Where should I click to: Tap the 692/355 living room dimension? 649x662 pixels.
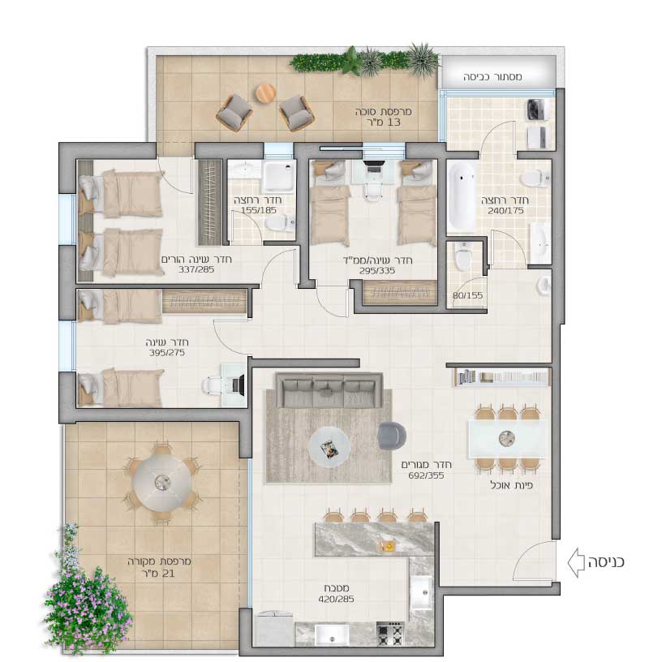click(x=426, y=475)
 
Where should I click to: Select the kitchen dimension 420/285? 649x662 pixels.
click(x=336, y=599)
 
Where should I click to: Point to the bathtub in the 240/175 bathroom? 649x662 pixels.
click(x=461, y=197)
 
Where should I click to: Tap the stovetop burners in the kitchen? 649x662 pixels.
click(x=390, y=634)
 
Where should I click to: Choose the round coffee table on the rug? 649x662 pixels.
click(x=329, y=447)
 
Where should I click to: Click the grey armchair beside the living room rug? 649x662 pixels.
click(x=392, y=436)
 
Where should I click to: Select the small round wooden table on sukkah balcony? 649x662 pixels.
click(x=265, y=92)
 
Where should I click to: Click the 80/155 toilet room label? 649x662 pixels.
click(x=467, y=295)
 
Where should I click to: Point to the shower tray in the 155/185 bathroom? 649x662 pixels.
click(x=278, y=175)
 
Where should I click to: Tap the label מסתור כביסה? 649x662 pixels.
click(x=492, y=77)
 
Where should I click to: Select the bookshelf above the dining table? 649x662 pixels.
click(x=502, y=376)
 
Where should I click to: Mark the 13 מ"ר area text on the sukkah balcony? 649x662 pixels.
click(x=383, y=123)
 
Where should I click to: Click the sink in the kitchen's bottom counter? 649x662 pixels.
click(x=332, y=634)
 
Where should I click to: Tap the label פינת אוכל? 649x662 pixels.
click(x=511, y=486)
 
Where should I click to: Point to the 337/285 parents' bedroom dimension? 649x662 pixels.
click(x=196, y=269)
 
